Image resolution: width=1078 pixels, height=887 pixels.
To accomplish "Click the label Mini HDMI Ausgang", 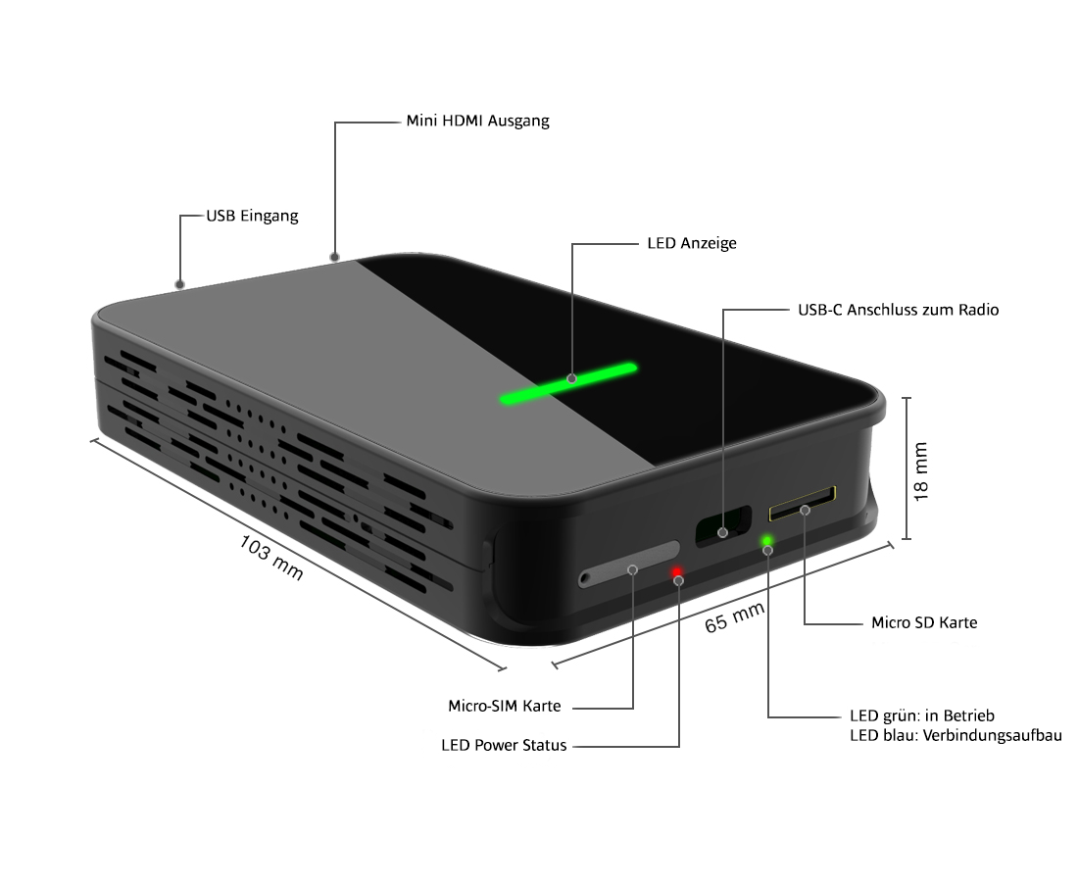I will [477, 122].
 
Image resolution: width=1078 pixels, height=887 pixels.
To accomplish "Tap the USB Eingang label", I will [251, 216].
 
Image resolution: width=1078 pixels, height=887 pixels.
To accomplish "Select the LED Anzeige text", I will [692, 243].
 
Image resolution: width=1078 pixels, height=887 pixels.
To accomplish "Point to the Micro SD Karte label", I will [923, 622].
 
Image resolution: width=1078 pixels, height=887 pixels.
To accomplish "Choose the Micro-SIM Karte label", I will [504, 706].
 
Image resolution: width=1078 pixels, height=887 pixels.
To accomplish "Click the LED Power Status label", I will [504, 746].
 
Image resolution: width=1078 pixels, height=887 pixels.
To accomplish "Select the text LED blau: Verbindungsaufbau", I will [955, 735].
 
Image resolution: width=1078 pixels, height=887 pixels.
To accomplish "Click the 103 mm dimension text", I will [271, 557].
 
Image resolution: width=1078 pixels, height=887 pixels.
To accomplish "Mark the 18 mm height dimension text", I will [921, 471].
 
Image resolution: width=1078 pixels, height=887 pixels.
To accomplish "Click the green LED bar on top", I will [568, 382].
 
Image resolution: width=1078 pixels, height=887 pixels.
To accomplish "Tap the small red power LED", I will [677, 571].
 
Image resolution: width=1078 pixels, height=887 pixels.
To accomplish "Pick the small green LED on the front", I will [767, 540].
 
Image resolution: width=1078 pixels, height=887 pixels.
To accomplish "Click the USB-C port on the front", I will [722, 526].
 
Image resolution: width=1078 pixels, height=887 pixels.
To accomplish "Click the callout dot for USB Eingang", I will [179, 284].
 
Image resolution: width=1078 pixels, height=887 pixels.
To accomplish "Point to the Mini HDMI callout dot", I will [335, 258].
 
